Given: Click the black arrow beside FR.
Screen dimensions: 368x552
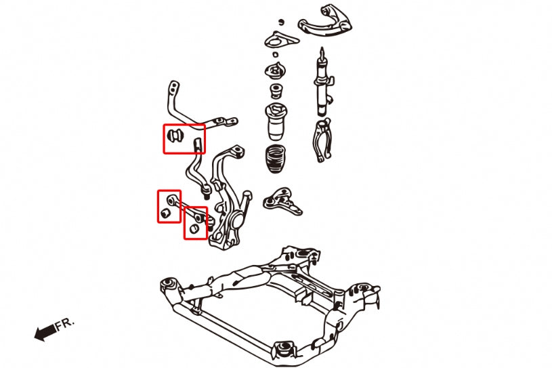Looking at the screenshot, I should click(x=45, y=332).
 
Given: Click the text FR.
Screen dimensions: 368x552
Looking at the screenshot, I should click(x=65, y=325).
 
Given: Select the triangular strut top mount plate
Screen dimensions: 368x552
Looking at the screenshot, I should click(x=276, y=40).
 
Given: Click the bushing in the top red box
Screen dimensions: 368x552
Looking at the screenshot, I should click(x=175, y=136).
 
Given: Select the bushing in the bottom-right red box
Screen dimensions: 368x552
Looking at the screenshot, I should click(x=195, y=229).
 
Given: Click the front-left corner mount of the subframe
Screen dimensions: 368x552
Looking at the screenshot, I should click(x=167, y=283).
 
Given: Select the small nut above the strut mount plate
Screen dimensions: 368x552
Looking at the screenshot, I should click(x=274, y=54).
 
